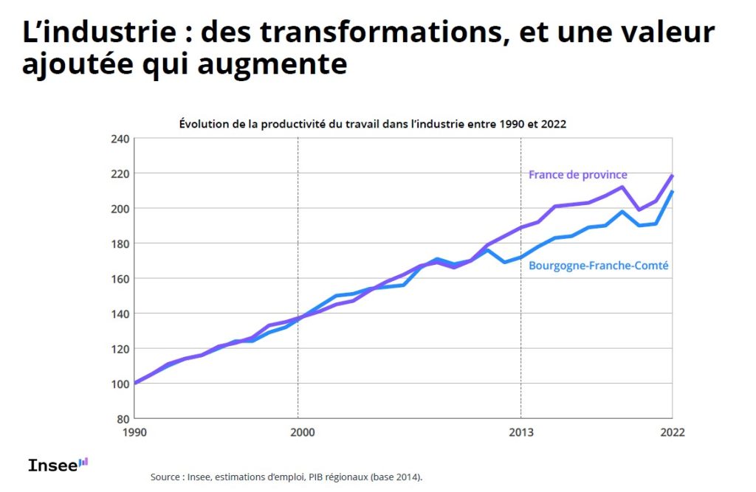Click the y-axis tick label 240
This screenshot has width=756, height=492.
tap(120, 139)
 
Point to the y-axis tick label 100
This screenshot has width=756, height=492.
tap(120, 384)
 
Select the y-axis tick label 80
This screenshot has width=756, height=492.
tap(123, 418)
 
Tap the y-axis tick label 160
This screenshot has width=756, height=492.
tap(120, 279)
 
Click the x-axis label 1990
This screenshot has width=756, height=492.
tap(134, 432)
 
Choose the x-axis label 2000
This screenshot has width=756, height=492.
tap(298, 432)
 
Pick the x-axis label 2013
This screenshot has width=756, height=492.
tap(521, 432)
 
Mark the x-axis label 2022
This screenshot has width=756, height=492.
tap(672, 432)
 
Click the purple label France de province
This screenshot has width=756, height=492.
tap(577, 175)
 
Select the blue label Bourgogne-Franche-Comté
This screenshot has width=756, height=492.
tap(599, 266)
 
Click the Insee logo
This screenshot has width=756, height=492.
tap(58, 465)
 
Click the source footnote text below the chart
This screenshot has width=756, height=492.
tap(286, 477)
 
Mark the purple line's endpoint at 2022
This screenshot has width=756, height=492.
tap(672, 176)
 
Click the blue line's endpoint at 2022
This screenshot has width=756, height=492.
tap(672, 192)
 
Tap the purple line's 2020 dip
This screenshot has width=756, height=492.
tap(639, 210)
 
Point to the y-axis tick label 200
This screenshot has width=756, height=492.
tap(120, 209)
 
